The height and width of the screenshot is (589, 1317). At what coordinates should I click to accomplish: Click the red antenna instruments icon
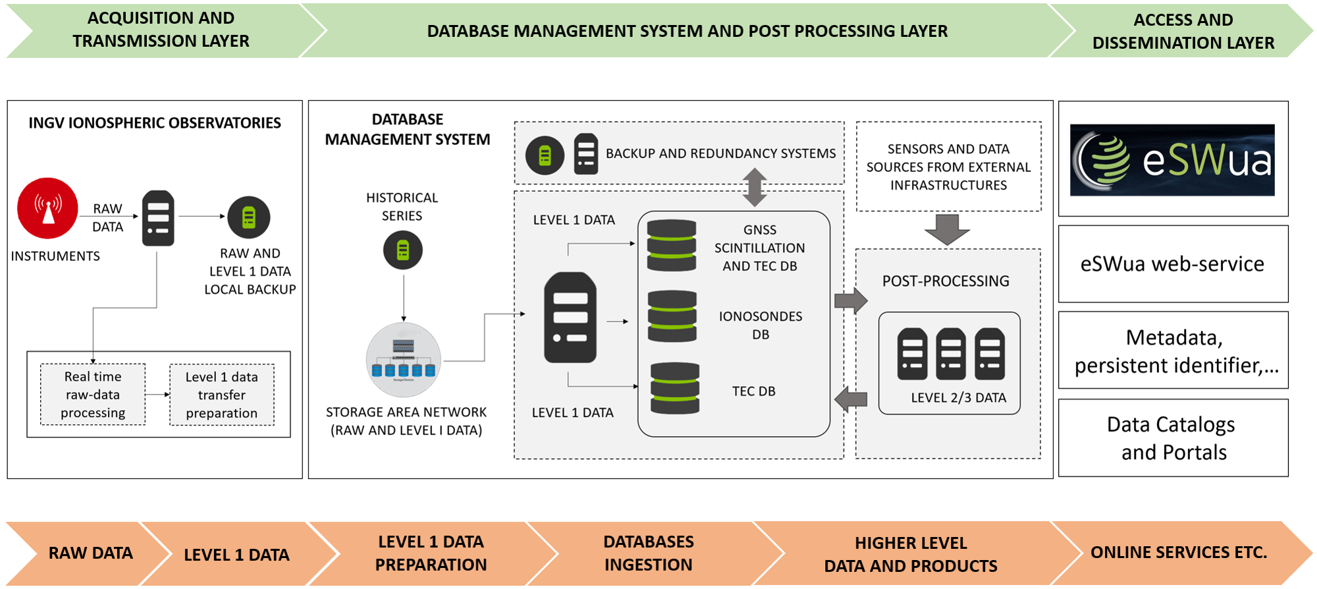coord(47,208)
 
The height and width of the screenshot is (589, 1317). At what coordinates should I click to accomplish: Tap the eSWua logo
coord(1172,161)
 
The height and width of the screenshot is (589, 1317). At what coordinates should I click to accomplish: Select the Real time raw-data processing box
coord(93,395)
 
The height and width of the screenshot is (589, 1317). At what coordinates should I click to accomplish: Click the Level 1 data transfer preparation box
coord(222,395)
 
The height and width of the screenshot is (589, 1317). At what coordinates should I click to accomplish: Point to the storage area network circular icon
coord(404,360)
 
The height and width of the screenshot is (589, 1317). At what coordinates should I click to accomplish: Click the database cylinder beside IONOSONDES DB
coord(672,316)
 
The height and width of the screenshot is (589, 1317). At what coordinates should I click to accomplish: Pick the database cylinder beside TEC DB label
coord(674,388)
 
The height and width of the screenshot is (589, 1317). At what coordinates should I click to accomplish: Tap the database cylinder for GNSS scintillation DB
coord(671,246)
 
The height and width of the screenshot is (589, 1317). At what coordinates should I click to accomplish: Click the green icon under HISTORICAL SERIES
coord(403,250)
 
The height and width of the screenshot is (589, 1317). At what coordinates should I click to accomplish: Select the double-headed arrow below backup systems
coord(755,187)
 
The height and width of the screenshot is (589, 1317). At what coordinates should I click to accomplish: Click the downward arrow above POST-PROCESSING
coord(947,229)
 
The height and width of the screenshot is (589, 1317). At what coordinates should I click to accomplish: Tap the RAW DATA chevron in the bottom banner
coord(90,553)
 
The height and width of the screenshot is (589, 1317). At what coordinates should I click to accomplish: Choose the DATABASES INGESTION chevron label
coord(649,553)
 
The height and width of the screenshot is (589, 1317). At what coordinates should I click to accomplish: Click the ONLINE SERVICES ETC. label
coord(1179,552)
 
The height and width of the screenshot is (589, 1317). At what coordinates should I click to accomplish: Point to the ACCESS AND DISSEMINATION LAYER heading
coord(1183,31)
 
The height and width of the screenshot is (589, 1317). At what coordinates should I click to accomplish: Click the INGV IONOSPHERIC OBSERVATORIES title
coord(155,123)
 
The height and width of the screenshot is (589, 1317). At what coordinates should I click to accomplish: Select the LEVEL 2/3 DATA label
coord(958,398)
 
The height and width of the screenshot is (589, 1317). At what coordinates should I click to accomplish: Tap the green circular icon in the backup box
coord(545,155)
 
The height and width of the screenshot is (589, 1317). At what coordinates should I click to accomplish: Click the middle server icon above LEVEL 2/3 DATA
coord(950,354)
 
